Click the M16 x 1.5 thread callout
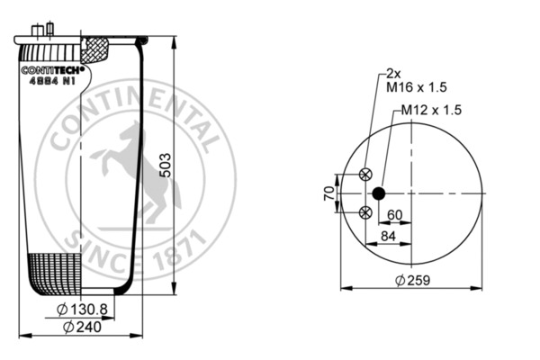click(x=417, y=87)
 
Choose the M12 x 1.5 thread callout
click(x=430, y=110)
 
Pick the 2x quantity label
click(x=392, y=73)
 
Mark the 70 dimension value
click(x=330, y=193)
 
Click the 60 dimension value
click(x=394, y=214)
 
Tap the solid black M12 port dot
click(x=378, y=193)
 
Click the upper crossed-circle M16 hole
click(x=365, y=175)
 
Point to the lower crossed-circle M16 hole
click(x=365, y=212)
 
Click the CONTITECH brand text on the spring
click(x=53, y=69)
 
